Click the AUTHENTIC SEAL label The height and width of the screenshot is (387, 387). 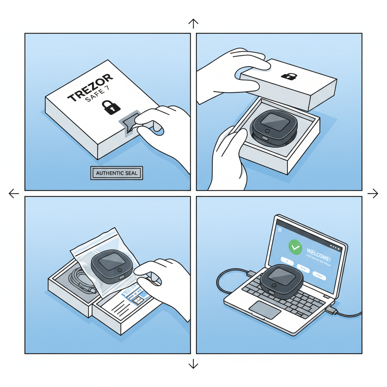point(117,173)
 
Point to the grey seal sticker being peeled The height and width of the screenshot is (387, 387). point(128,123)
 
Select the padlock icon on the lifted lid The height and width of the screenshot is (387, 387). point(289,76)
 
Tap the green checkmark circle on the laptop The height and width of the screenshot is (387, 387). point(295,247)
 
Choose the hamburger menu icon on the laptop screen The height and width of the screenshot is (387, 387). point(280,230)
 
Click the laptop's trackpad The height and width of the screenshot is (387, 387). point(265,310)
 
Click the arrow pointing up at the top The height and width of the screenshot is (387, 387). point(193,24)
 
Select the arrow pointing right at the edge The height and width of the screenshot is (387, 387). point(373,193)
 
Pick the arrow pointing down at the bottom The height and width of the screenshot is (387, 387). point(193,364)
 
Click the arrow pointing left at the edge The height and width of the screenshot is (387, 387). point(14,193)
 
